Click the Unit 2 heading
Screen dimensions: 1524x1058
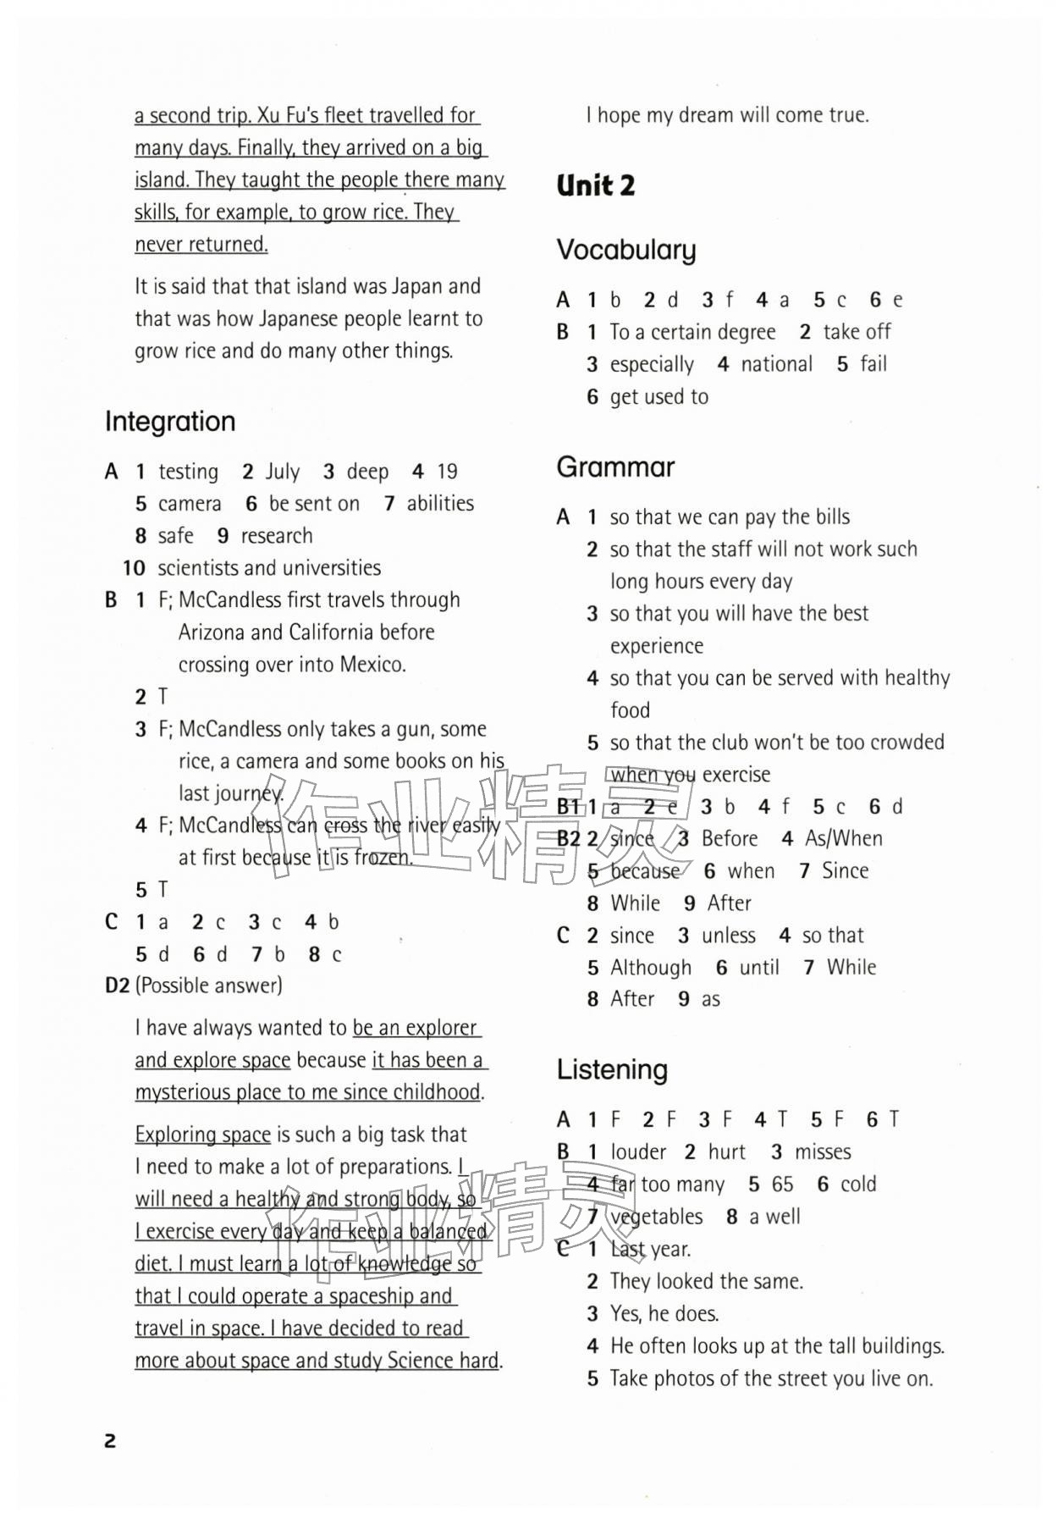coord(595,185)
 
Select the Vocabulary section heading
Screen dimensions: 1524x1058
coord(625,250)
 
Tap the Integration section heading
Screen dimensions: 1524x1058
coord(170,422)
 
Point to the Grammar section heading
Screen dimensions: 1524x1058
coord(615,467)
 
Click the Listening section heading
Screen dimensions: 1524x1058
coord(612,1069)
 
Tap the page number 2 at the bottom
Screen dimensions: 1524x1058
coord(110,1440)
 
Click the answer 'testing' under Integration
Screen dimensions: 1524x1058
coord(188,472)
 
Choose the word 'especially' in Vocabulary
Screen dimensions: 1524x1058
coord(652,364)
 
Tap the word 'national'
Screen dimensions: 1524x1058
coord(776,364)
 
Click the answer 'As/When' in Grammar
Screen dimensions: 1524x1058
coord(843,838)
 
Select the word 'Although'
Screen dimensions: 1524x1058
coord(651,968)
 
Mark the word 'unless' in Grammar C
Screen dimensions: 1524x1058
coord(728,936)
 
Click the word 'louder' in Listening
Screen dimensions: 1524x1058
coord(638,1152)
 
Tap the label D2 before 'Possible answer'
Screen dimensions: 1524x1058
coord(118,986)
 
